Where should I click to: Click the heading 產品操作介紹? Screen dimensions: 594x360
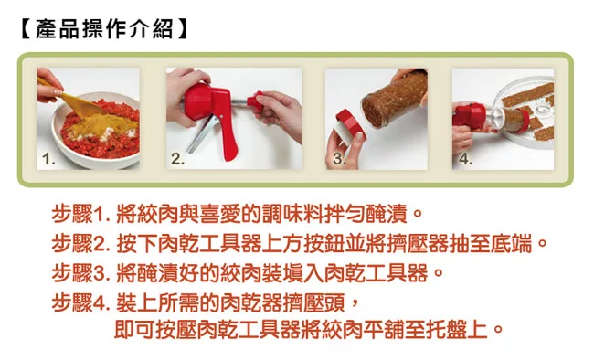(104, 29)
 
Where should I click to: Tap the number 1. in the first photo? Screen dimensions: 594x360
(48, 159)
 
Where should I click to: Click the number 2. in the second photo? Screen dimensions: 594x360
(177, 158)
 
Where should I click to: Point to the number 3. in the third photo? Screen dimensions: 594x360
(339, 158)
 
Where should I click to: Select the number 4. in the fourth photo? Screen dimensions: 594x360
(465, 158)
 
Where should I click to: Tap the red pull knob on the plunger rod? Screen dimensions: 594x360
(255, 101)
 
